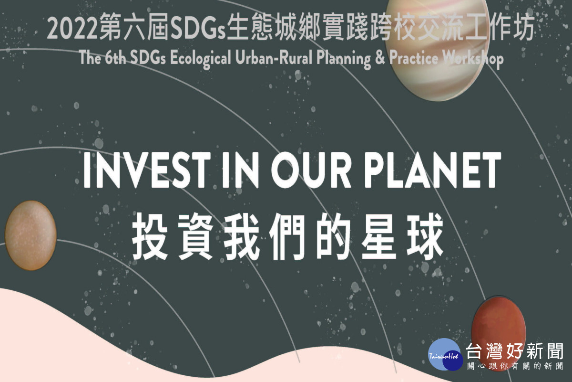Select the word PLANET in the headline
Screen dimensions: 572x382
tap(432, 170)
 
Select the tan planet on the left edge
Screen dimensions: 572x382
tap(31, 235)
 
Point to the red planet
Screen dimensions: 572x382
tap(499, 330)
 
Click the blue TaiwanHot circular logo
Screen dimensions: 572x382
tap(446, 354)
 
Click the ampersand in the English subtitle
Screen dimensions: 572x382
tap(380, 58)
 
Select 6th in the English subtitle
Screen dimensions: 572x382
tap(115, 58)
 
